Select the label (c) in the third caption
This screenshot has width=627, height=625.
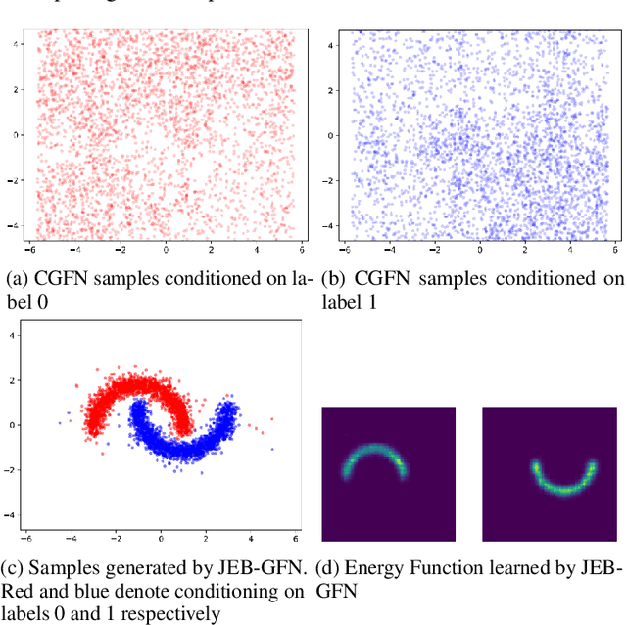(x=18, y=567)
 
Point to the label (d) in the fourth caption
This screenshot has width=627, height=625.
(x=333, y=567)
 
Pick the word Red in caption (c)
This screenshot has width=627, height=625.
(x=24, y=592)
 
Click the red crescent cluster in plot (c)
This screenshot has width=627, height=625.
(x=118, y=397)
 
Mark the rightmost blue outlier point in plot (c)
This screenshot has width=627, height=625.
(x=272, y=449)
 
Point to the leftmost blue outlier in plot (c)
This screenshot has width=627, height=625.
(x=59, y=423)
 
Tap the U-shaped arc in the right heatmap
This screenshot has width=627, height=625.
(x=564, y=480)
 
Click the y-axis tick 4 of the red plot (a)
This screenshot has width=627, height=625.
(x=16, y=44)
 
